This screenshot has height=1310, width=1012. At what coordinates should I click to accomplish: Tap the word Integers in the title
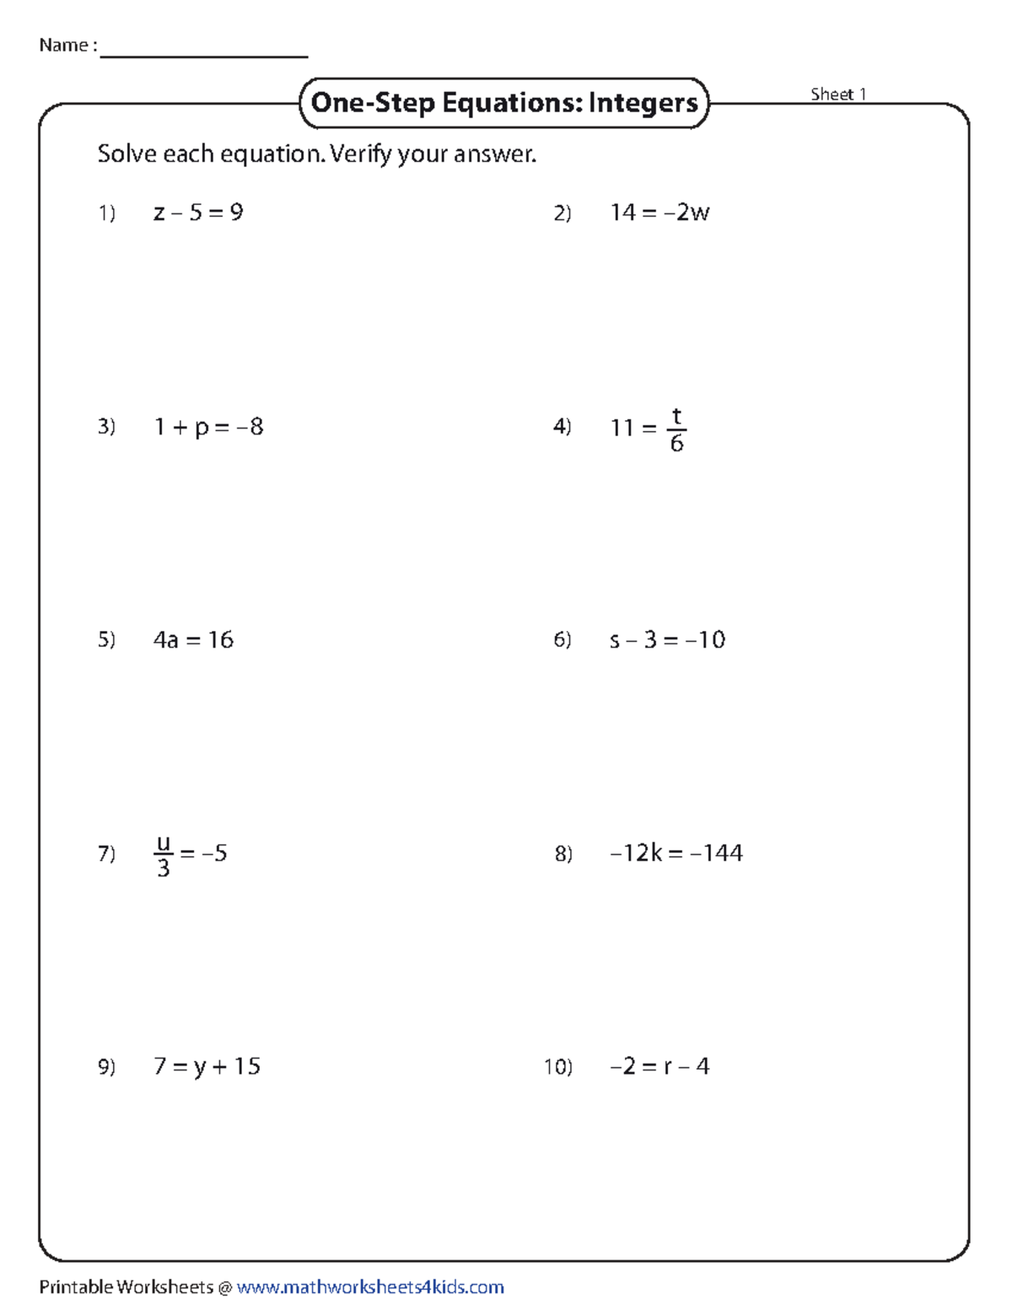[643, 103]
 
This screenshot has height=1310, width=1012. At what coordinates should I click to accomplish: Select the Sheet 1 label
[838, 94]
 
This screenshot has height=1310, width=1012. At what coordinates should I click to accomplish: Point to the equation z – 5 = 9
[198, 213]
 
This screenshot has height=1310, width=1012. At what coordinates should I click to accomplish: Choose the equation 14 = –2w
[659, 213]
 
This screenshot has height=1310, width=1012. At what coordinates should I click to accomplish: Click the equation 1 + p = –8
[208, 427]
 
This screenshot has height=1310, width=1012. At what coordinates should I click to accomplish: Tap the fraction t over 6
[676, 430]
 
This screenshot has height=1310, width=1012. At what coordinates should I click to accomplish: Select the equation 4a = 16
[193, 640]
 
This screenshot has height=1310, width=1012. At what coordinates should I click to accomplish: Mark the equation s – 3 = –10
[667, 640]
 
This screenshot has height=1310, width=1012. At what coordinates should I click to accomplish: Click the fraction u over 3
[164, 855]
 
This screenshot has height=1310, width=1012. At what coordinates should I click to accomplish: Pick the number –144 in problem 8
[716, 854]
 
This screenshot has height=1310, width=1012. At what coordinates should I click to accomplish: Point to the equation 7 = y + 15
[207, 1067]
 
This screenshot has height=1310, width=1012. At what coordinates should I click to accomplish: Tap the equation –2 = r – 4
[659, 1067]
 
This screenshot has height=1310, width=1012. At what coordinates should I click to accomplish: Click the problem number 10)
[557, 1068]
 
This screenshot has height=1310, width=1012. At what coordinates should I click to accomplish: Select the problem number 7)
[106, 854]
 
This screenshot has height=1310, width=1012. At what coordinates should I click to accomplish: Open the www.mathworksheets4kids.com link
[370, 1287]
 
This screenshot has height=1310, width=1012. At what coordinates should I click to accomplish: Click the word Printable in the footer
[76, 1287]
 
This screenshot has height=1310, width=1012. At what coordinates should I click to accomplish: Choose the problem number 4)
[563, 427]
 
